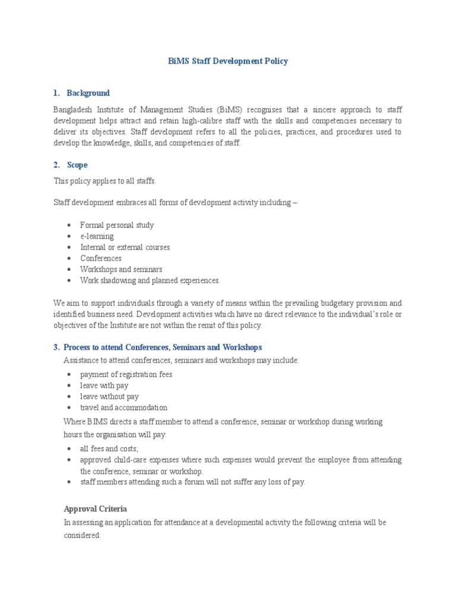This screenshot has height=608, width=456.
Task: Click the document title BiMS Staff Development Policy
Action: tap(228, 61)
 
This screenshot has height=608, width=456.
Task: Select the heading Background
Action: tap(88, 93)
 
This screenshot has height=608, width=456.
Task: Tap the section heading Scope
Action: tap(77, 165)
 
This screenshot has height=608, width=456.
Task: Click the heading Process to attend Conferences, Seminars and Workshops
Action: tap(162, 347)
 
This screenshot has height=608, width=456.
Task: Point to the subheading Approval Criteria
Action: tap(95, 509)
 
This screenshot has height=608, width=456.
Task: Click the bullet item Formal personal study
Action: tap(117, 225)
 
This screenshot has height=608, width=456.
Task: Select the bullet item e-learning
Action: tap(97, 236)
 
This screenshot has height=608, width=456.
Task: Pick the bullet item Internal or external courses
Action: tap(125, 247)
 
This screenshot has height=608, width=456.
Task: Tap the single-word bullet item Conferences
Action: tap(101, 258)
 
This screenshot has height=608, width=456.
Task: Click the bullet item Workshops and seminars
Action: tap(121, 270)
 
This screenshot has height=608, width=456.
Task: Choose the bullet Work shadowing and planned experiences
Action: tap(150, 280)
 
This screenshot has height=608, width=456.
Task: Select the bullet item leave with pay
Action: tap(104, 385)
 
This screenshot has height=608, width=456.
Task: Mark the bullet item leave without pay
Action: tap(109, 397)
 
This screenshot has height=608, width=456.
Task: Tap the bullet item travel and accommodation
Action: tap(123, 408)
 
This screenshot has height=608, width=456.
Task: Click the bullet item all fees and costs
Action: tap(109, 449)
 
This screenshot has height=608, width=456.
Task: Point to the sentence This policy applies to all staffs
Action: tap(104, 181)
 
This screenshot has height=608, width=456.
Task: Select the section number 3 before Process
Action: tap(56, 347)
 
